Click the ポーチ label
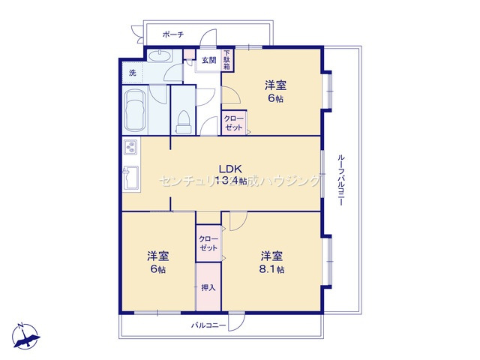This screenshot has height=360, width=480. coord(173,34)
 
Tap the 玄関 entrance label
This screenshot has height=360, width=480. coord(208,61)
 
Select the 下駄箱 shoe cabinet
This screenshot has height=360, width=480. coord(226,60)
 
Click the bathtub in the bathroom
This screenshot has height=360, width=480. coord(134,108)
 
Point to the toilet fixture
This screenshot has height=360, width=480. coord(182,120)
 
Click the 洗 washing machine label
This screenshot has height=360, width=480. coord(132,73)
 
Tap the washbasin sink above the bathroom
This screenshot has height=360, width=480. coord(159,57)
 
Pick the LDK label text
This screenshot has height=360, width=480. coord(229,168)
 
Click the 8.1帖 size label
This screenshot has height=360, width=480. coord(272,269)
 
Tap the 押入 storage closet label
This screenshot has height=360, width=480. coord(208,286)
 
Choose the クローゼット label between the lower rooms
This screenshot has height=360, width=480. coord(208,243)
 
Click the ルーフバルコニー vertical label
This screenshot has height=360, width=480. coord(340,181)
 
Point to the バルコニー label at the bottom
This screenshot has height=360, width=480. coord(208,325)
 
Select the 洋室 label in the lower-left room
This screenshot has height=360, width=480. coord(157,255)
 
